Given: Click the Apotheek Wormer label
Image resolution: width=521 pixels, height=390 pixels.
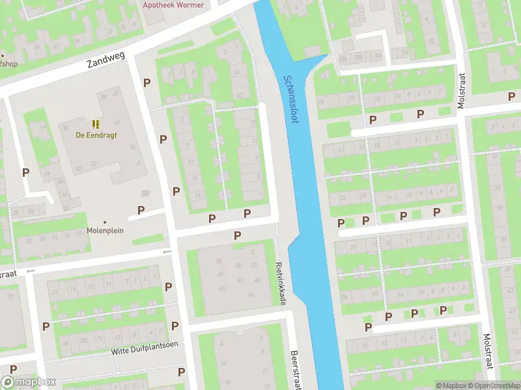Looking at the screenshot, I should click(x=173, y=5).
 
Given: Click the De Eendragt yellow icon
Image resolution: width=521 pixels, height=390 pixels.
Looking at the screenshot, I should click(x=96, y=123).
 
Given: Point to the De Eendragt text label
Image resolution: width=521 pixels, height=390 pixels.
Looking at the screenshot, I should click(x=96, y=135).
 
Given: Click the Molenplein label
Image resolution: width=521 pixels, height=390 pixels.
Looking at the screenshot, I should click(x=105, y=230).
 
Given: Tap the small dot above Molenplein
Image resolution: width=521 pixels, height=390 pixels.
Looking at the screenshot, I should click(x=105, y=221).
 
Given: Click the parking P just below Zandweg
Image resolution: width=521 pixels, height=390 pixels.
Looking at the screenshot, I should click(x=147, y=83).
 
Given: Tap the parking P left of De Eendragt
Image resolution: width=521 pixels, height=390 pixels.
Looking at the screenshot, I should click(x=25, y=172).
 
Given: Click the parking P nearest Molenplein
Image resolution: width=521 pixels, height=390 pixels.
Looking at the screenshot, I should click(x=141, y=210).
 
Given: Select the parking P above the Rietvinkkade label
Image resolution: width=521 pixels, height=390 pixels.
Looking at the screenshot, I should click(x=237, y=235).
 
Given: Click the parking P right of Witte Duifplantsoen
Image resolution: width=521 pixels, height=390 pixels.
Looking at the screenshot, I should click(x=180, y=371).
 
